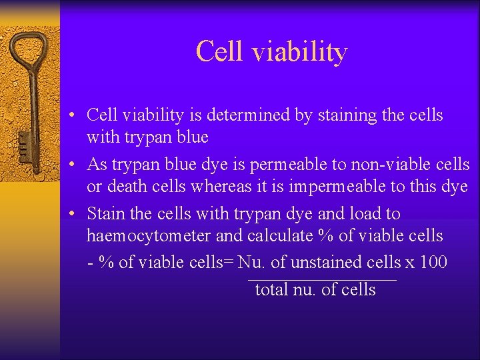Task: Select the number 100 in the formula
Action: point(434,262)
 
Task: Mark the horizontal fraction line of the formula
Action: point(322,279)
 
